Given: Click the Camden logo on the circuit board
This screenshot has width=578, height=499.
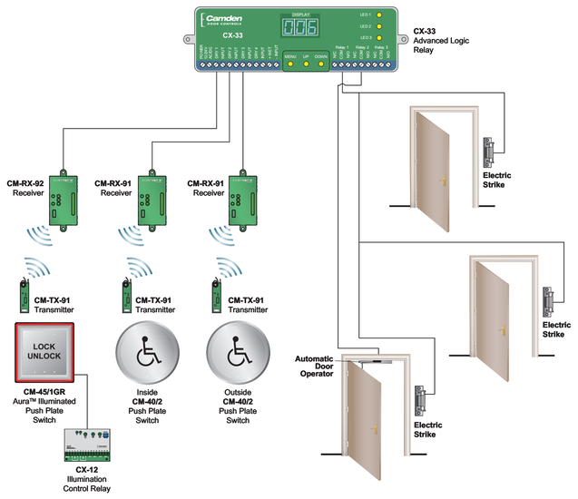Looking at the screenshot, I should tap(227, 20).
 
